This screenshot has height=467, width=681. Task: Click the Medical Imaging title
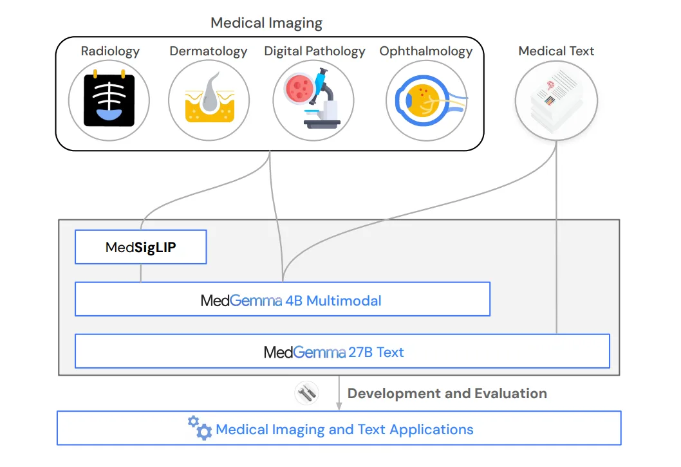(266, 24)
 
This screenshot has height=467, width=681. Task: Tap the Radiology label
(110, 51)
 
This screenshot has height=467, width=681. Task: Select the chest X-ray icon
(109, 100)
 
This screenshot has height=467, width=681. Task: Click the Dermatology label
(208, 51)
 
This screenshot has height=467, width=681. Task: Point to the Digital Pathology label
(314, 51)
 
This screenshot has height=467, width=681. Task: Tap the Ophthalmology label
(426, 51)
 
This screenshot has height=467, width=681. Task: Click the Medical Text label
(556, 51)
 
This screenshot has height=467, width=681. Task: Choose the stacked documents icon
(556, 100)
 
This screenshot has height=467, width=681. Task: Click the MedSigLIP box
(140, 247)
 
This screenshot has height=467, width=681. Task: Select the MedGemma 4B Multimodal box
(283, 300)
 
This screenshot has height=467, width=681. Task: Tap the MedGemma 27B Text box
(342, 352)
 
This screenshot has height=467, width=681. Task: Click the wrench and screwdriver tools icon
(306, 393)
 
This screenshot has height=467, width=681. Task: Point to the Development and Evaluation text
(447, 394)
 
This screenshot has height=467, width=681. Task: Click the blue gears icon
(200, 428)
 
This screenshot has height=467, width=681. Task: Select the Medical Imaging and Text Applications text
(344, 430)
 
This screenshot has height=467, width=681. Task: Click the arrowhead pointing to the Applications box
(339, 405)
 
